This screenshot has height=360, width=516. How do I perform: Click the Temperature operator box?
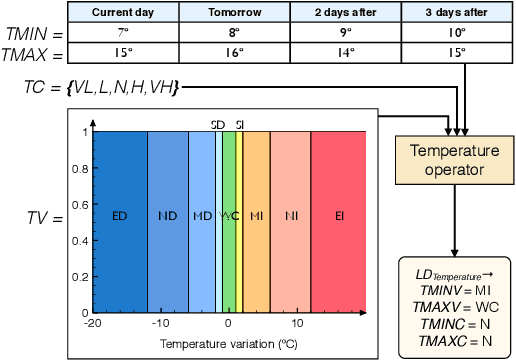(455, 160)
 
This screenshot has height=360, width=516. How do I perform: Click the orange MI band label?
(257, 216)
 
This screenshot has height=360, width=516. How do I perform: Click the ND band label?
(168, 216)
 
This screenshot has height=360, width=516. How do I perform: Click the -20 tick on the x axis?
(93, 324)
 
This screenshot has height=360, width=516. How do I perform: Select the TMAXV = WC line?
(455, 304)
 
